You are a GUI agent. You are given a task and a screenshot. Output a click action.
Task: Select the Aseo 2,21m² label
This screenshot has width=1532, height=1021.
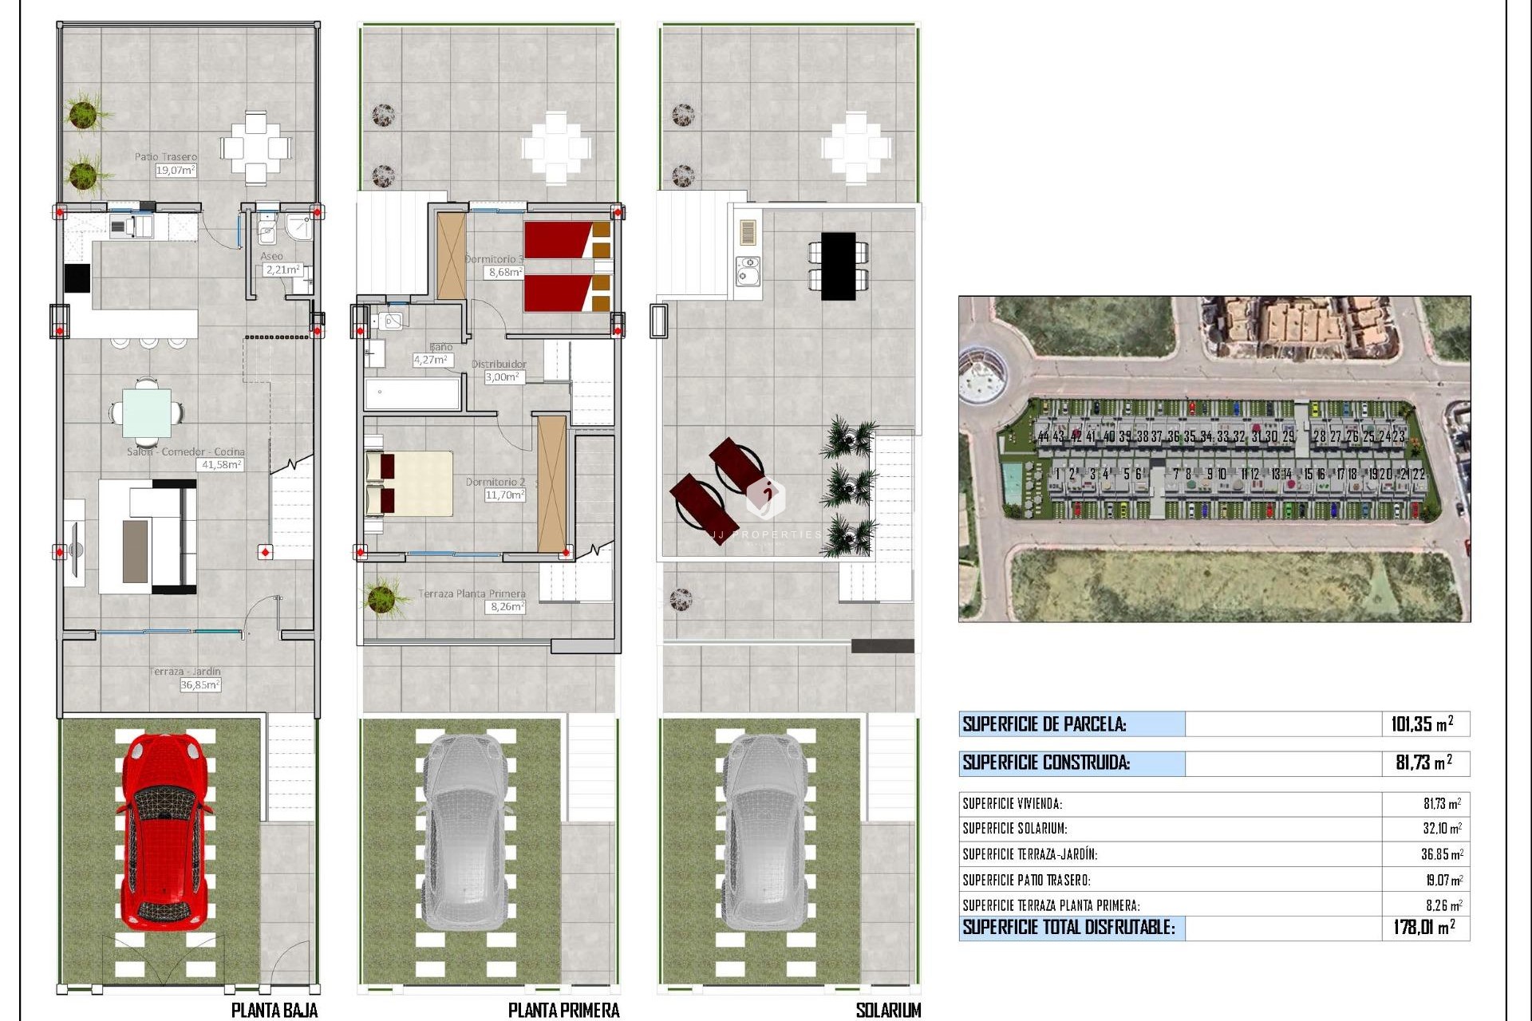[x=278, y=264]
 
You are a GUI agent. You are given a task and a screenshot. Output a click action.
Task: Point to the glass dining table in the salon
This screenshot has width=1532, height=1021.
[x=147, y=412]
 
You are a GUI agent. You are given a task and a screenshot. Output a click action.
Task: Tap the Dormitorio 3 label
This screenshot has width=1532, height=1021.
[x=496, y=259]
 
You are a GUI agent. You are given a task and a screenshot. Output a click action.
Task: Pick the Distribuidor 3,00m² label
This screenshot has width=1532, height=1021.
[x=500, y=370]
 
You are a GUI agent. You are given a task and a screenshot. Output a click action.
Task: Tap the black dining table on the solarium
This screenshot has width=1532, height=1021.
[x=838, y=266]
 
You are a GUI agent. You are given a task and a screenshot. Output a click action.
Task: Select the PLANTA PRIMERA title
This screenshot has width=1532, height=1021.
[x=563, y=1011]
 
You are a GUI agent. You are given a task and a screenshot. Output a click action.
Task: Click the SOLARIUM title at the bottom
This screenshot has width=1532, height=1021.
[x=888, y=1011]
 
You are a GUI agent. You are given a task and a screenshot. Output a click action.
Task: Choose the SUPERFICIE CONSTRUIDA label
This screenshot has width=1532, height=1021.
[x=1046, y=763]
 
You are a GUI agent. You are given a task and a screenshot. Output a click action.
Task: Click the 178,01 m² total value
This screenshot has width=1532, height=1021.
[x=1423, y=927]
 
